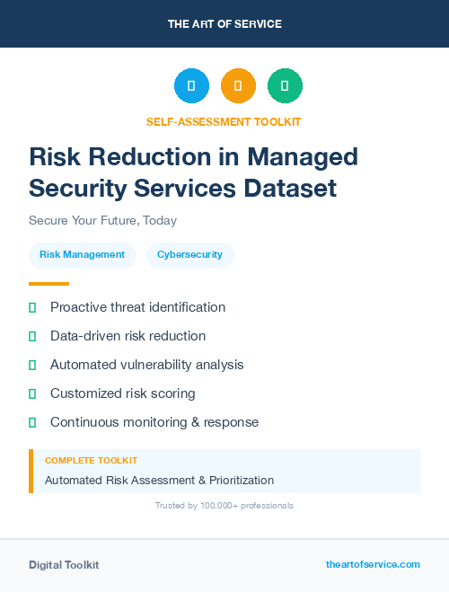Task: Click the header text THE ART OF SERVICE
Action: coord(224,24)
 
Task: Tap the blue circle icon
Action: coord(191,86)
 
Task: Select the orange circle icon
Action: coord(238,86)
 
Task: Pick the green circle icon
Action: coord(285,86)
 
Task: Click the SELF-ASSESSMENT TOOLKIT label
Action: coord(224,122)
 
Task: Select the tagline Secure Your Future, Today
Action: coord(102,220)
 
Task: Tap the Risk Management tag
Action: coord(83,255)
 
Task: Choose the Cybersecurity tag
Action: coord(189,255)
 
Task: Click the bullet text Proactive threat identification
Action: coord(137,307)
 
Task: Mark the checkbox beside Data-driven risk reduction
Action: coord(32,336)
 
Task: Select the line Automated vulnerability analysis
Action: coord(146,365)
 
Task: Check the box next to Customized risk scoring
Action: coord(32,393)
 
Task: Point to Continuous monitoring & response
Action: coord(154,422)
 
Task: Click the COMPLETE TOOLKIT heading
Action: coord(91,461)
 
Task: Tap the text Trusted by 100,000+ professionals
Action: coord(224,506)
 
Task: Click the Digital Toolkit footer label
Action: coord(64,565)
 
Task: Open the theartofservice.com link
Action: coord(373,564)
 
